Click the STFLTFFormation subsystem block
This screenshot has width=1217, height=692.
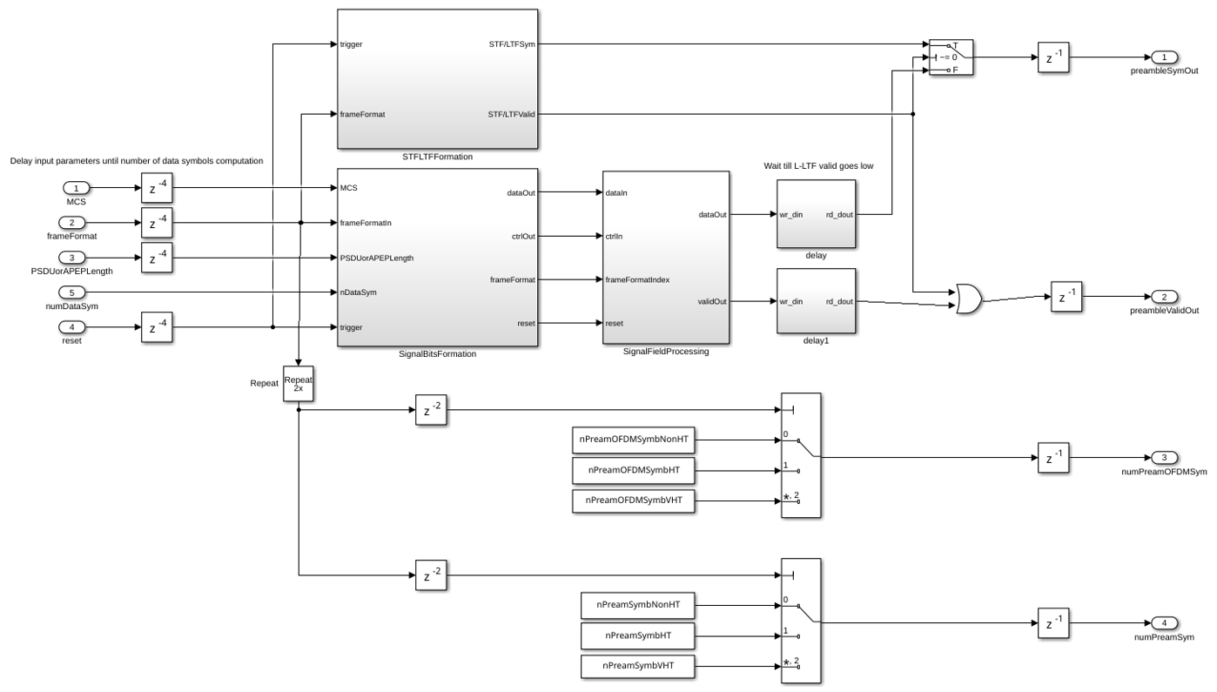(437, 78)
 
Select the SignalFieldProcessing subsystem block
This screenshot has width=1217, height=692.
(666, 258)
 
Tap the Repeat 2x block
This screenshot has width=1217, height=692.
(299, 384)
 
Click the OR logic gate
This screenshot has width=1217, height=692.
(969, 299)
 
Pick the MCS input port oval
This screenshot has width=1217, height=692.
(76, 188)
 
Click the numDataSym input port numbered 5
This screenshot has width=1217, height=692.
(71, 292)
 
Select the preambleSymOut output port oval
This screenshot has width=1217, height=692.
(1164, 57)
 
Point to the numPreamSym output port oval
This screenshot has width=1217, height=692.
(1164, 623)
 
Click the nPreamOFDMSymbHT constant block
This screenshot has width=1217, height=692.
(634, 470)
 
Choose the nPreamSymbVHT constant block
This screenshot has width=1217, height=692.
(638, 667)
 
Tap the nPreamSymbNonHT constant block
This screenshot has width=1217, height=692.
(638, 605)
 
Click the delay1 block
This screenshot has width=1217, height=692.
(816, 300)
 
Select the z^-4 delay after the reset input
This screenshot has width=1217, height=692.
(157, 327)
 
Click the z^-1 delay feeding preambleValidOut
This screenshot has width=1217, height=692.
(1066, 297)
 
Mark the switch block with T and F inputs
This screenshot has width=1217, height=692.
(951, 57)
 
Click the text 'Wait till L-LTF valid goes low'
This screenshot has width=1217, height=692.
(818, 165)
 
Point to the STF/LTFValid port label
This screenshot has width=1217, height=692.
(511, 114)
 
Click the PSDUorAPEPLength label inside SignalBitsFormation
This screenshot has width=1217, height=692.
(377, 258)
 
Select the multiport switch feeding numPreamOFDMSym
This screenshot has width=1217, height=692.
(801, 455)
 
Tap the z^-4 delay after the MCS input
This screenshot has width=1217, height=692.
(157, 188)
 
